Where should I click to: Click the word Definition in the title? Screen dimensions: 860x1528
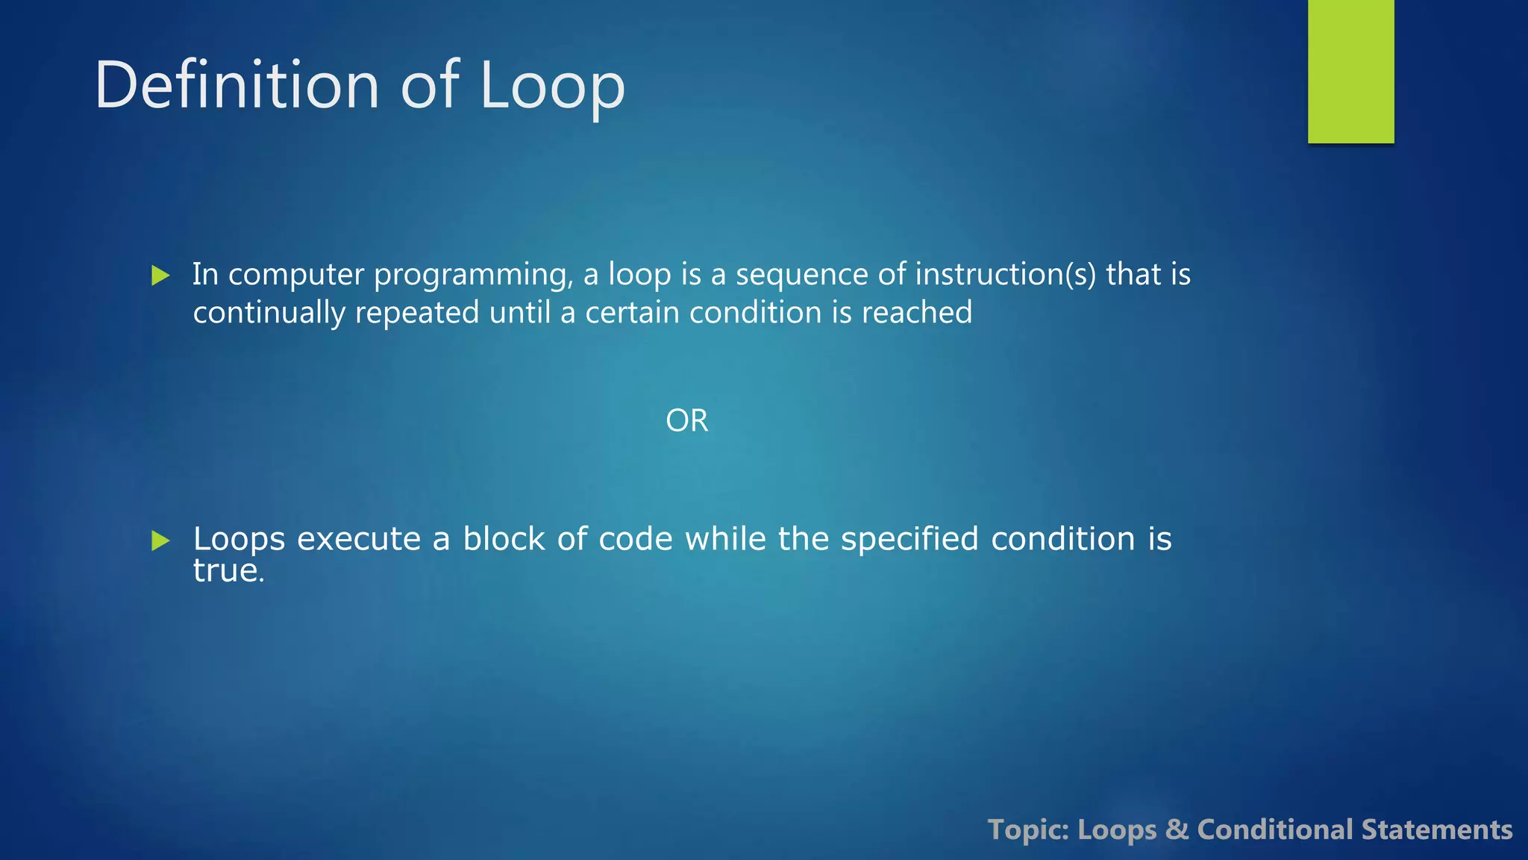[237, 86]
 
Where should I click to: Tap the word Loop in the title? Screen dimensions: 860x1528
[552, 86]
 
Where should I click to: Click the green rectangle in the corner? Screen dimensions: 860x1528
[1350, 71]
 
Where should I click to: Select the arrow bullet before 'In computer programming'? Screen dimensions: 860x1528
[160, 275]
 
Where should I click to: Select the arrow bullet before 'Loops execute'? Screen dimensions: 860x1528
[160, 540]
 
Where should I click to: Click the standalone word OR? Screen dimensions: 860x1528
[686, 421]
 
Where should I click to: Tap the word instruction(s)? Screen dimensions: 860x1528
[1006, 274]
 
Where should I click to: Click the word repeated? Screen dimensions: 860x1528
[417, 313]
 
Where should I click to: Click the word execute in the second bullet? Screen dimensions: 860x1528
[359, 539]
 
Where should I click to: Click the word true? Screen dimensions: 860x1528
[228, 571]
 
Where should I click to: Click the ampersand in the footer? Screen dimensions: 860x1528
[1177, 830]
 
